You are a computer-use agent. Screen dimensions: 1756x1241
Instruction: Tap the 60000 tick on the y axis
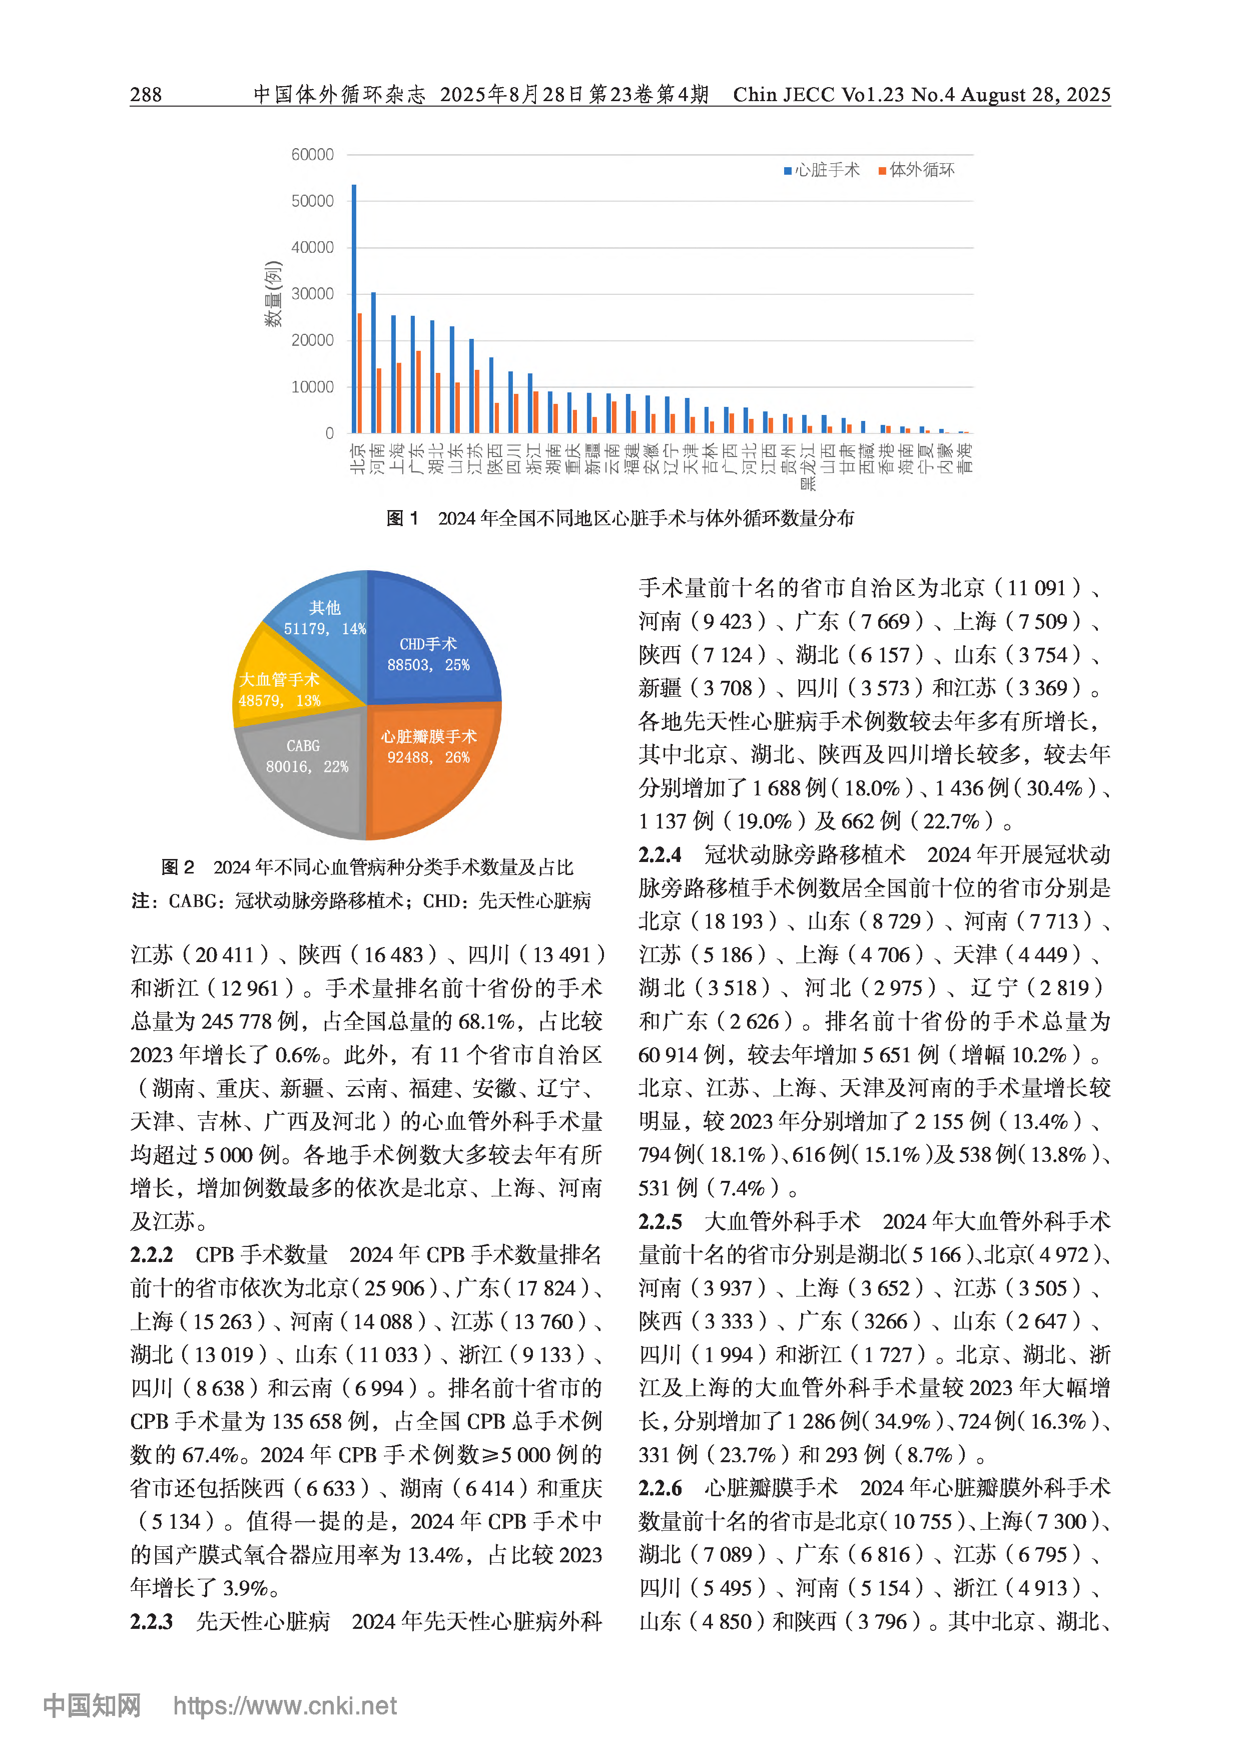[312, 155]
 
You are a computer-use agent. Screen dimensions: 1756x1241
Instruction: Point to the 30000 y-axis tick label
[312, 294]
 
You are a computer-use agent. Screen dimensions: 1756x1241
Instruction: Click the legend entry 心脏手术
[823, 170]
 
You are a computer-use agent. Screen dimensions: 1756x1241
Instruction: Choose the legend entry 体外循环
[918, 170]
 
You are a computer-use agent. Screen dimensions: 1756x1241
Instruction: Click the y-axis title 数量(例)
[273, 294]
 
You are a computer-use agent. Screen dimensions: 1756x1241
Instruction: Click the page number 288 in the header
[146, 95]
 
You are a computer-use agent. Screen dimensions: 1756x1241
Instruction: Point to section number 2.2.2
[152, 1255]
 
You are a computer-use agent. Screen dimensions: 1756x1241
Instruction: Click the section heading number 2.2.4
[660, 854]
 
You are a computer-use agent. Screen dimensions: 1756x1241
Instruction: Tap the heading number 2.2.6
[660, 1488]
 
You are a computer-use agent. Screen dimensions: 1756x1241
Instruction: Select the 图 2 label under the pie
[178, 866]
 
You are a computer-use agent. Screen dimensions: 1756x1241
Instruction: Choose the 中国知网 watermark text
[92, 1705]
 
